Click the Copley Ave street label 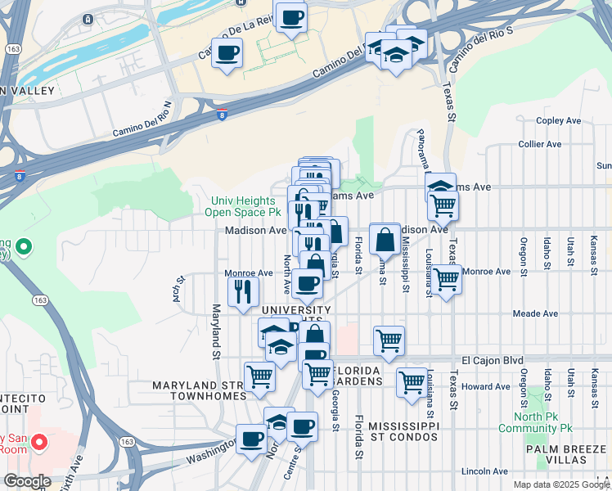(x=558, y=121)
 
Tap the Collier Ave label (x=540, y=145)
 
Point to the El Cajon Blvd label (x=491, y=360)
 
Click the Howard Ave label (x=485, y=386)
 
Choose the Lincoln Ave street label (x=485, y=471)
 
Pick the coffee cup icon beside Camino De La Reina (x=227, y=53)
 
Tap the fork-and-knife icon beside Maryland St (x=242, y=291)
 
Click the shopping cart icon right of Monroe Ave (x=447, y=279)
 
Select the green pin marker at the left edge (x=24, y=245)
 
